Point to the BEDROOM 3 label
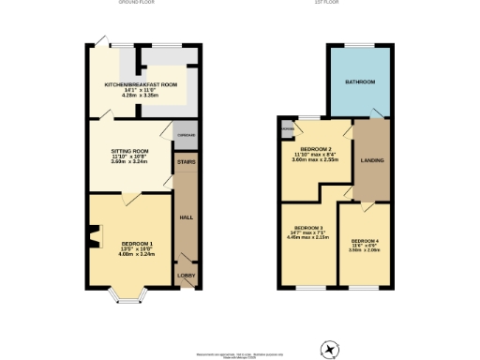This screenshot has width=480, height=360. pyautogui.click(x=308, y=229)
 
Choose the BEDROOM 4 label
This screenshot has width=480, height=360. pyautogui.click(x=366, y=241)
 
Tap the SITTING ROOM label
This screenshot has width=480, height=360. pyautogui.click(x=129, y=149)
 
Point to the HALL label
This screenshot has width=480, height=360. pyautogui.click(x=186, y=217)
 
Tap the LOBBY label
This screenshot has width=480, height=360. pyautogui.click(x=186, y=276)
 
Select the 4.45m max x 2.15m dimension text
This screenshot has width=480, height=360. pyautogui.click(x=308, y=238)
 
